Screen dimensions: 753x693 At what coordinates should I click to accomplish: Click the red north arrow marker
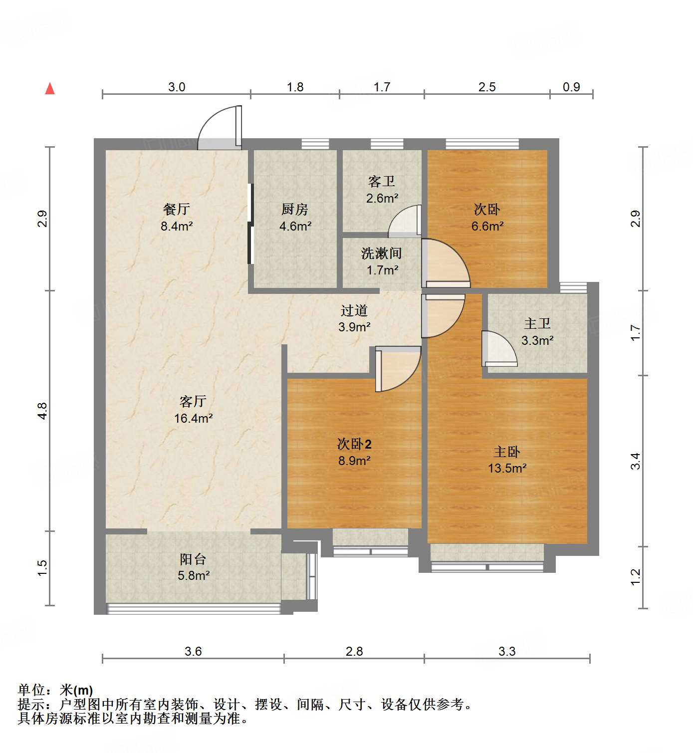(50, 89)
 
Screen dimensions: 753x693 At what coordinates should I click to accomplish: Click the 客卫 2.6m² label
(382, 190)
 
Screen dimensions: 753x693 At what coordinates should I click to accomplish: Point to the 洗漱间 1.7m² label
(382, 261)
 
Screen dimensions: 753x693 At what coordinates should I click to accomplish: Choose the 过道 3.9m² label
(354, 318)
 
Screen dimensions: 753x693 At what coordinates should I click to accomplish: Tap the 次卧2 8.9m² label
(354, 452)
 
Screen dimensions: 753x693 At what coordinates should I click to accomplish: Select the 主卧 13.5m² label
(507, 460)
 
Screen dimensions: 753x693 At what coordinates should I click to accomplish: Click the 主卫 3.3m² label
(537, 332)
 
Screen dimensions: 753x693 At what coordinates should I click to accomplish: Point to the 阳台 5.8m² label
(193, 567)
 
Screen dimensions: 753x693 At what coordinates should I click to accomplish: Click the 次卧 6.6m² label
(487, 217)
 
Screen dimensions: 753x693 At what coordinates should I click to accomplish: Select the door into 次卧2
(397, 368)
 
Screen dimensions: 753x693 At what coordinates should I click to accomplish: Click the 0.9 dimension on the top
(571, 87)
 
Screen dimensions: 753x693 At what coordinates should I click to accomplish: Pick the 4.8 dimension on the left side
(42, 411)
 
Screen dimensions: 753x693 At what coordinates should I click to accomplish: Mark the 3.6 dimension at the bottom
(193, 651)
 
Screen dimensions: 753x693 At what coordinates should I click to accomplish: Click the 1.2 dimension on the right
(635, 577)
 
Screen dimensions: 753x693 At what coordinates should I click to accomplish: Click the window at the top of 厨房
(315, 144)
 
